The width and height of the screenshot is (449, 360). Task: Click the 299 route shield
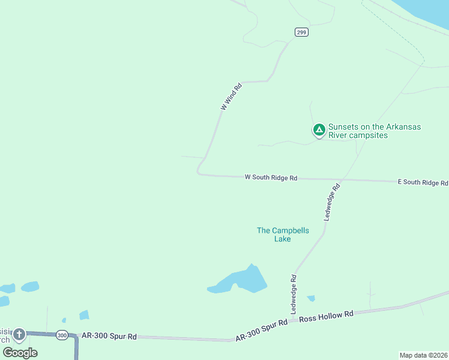301,32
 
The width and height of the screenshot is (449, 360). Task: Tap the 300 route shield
62,335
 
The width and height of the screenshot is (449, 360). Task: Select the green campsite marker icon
319,130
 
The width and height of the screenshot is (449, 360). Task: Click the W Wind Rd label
231,96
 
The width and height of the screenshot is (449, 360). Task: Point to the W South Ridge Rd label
271,178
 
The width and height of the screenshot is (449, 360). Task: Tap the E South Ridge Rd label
423,182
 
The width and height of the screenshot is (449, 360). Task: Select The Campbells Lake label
282,235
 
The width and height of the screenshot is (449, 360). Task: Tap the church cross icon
19,334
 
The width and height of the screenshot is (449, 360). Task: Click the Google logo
20,353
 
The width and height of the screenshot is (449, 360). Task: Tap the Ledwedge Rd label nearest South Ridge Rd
332,202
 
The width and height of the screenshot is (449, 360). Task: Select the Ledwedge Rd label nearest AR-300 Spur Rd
294,295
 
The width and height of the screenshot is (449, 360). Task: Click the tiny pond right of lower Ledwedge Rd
311,298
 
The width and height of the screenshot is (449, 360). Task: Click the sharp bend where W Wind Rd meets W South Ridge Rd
199,172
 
